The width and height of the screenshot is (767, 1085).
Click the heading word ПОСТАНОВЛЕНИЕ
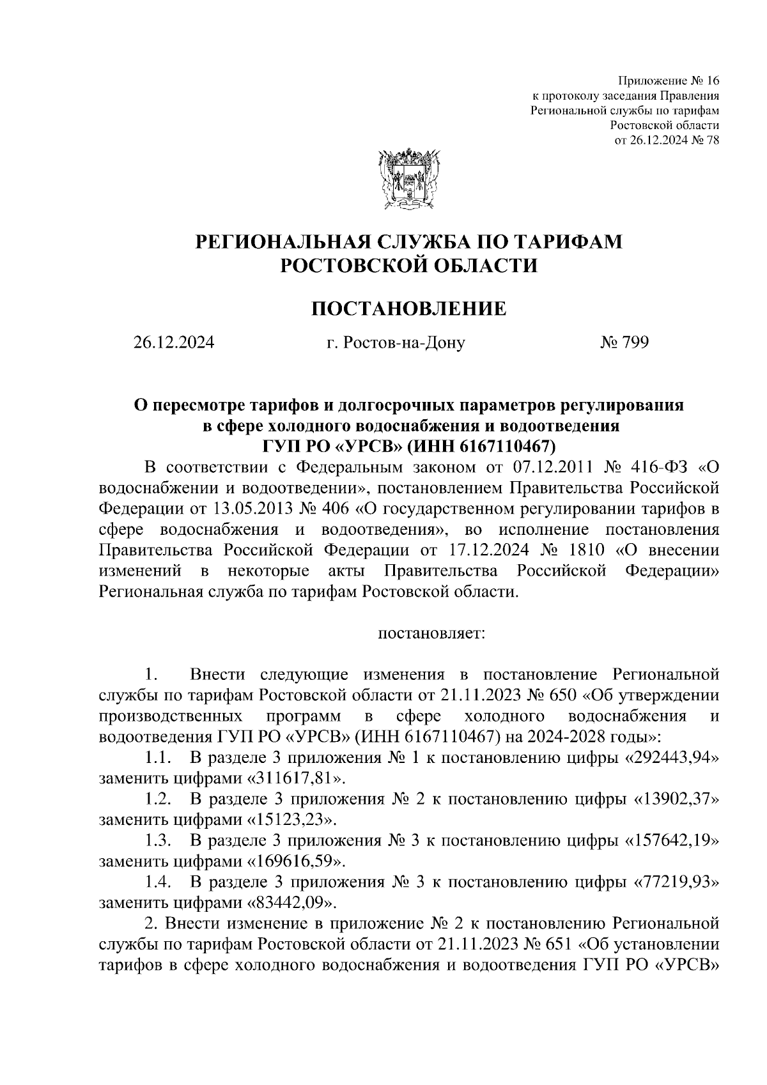tap(408, 309)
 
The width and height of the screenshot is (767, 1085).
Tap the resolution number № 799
tap(624, 343)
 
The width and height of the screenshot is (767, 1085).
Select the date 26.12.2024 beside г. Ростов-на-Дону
tap(174, 343)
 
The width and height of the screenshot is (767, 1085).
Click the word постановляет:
tap(432, 634)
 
